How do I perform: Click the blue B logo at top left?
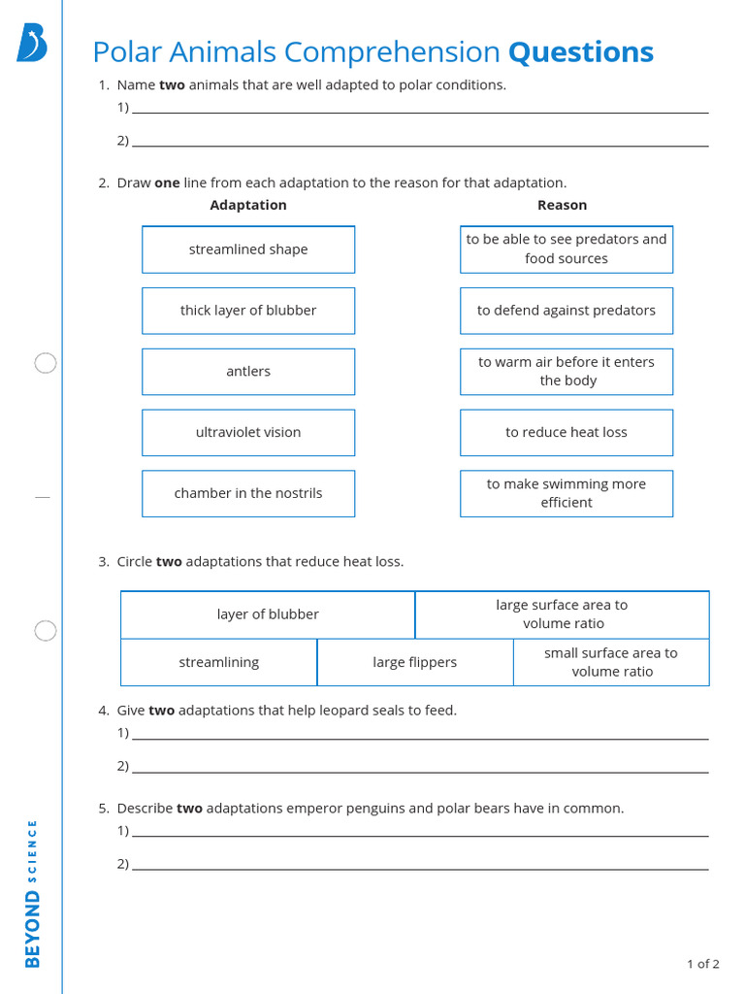(x=31, y=44)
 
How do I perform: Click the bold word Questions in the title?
(x=580, y=51)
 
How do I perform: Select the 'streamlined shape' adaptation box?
(x=248, y=249)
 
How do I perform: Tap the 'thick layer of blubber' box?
(x=248, y=311)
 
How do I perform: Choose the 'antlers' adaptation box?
(x=248, y=372)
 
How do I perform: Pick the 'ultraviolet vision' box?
(x=248, y=433)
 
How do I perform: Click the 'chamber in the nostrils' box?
(x=248, y=493)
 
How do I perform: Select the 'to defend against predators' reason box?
(x=567, y=311)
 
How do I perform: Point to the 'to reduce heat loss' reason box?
(x=567, y=433)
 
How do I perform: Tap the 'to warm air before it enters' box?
(x=567, y=372)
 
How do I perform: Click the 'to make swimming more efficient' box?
(x=567, y=493)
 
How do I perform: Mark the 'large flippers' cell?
(x=415, y=662)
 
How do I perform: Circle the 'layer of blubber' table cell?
(x=268, y=614)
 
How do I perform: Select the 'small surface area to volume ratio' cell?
(x=611, y=662)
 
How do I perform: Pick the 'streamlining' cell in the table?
(x=219, y=662)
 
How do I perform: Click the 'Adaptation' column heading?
(x=248, y=205)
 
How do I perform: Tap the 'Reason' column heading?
(x=563, y=205)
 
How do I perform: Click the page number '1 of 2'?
(x=702, y=964)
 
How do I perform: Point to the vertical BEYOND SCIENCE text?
(x=33, y=893)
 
